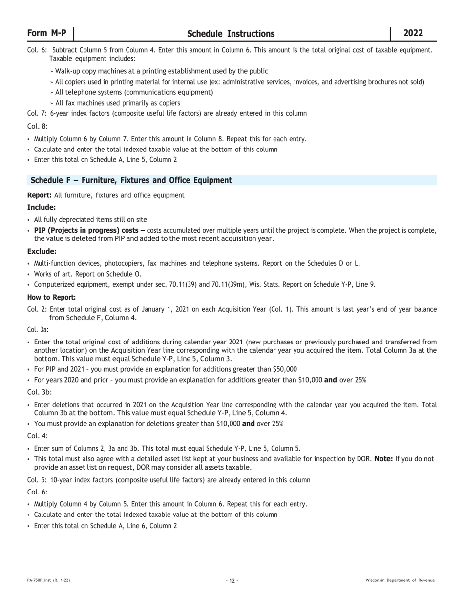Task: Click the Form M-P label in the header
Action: coord(46,33)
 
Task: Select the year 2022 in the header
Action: coord(413,33)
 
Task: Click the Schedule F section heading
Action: coord(131,180)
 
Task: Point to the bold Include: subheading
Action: coord(42,207)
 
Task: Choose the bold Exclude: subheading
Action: coord(42,251)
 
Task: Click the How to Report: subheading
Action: coord(51,297)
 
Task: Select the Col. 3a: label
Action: coord(38,330)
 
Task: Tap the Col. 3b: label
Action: coord(38,392)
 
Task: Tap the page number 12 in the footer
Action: coord(232,580)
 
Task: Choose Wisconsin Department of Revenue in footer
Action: coord(400,580)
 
